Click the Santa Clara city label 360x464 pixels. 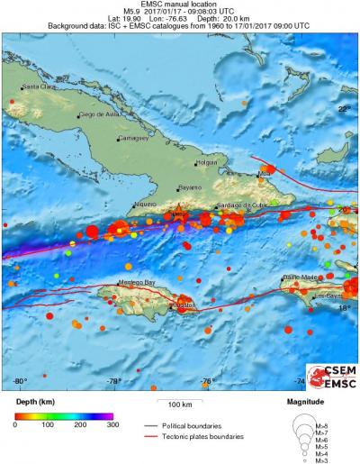pos(38,86)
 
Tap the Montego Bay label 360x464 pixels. pos(124,282)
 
